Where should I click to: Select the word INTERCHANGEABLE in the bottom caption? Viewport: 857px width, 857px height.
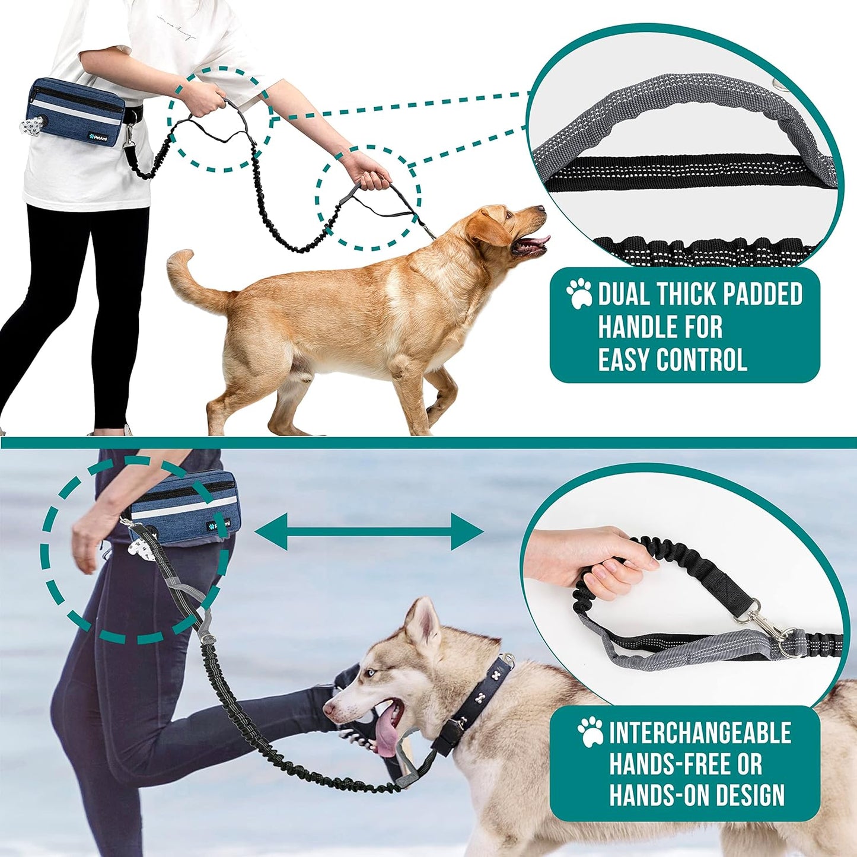pos(700,733)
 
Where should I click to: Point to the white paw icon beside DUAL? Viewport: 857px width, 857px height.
pos(579,293)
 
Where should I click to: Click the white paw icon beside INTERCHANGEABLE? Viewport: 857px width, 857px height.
pos(591,732)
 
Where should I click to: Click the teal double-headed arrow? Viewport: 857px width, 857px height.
pos(369,531)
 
